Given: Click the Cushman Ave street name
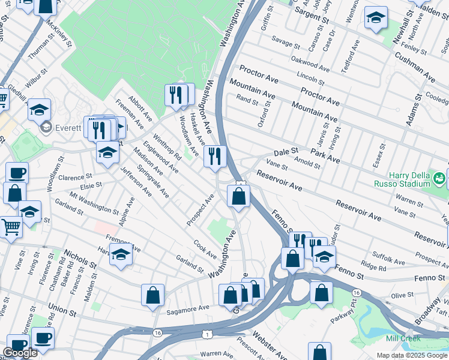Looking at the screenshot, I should click(415, 67).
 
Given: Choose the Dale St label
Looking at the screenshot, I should click(286, 151).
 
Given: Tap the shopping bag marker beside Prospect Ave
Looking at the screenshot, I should click(239, 196).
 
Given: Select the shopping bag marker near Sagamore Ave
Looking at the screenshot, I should click(153, 295).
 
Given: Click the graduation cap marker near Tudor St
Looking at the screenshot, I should click(325, 257).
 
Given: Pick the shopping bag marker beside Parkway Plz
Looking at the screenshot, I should click(322, 292).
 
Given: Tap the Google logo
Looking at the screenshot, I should click(20, 353).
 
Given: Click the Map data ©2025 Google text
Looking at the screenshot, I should click(411, 355).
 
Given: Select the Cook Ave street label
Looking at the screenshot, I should click(205, 250).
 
